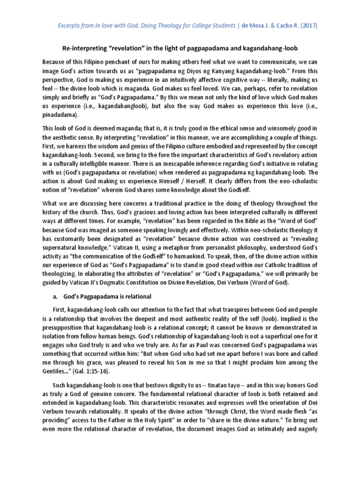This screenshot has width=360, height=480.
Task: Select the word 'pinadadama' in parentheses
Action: click(61, 114)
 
